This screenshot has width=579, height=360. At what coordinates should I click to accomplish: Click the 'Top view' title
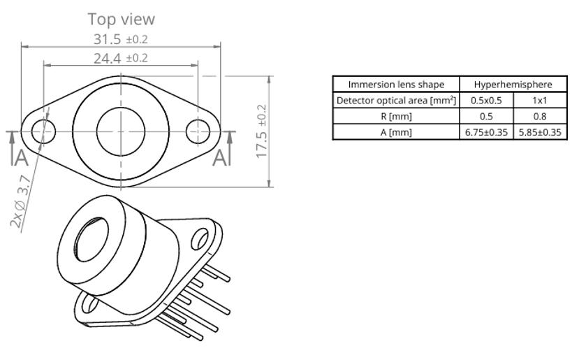[121, 19]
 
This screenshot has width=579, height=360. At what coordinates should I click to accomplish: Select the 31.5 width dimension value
[120, 39]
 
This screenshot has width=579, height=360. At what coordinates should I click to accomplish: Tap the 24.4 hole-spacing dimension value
[120, 58]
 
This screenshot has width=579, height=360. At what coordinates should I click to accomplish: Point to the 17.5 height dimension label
[261, 131]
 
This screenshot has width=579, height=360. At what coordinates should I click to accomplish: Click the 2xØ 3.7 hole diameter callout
[20, 202]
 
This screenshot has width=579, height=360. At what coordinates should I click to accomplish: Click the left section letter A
[22, 158]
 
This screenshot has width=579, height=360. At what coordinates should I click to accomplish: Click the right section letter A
[220, 158]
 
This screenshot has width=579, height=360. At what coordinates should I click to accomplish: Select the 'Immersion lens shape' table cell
[396, 85]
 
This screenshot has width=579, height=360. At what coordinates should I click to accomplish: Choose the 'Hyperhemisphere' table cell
[513, 85]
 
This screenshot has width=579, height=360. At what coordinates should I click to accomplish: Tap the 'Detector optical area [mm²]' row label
[396, 100]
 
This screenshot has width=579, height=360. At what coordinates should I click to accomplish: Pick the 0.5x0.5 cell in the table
[486, 100]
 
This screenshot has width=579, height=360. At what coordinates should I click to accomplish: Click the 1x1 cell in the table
[540, 100]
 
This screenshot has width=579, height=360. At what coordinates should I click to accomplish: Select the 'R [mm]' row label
[396, 117]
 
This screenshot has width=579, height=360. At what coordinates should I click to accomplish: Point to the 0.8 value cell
[540, 117]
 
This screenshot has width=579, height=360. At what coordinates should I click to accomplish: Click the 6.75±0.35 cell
[486, 132]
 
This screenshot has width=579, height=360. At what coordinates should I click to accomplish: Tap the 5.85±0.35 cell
[540, 132]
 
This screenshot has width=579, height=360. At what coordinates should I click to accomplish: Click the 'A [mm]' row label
[396, 132]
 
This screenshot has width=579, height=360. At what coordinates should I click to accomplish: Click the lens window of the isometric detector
[91, 240]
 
